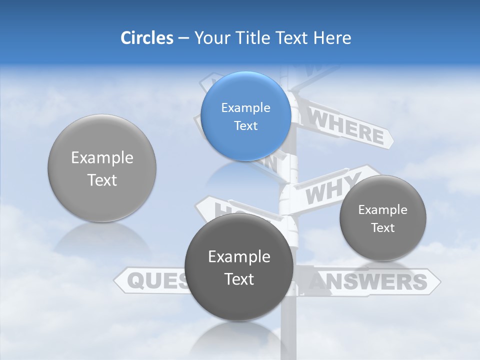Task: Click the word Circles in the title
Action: tap(147, 38)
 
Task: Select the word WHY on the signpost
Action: tap(332, 188)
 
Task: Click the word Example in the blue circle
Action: tap(245, 108)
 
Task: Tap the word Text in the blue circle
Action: tap(245, 126)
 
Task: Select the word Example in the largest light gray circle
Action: tap(102, 158)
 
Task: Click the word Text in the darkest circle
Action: tap(239, 279)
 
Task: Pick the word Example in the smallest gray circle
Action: tap(383, 210)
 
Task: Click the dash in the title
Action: tap(183, 38)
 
